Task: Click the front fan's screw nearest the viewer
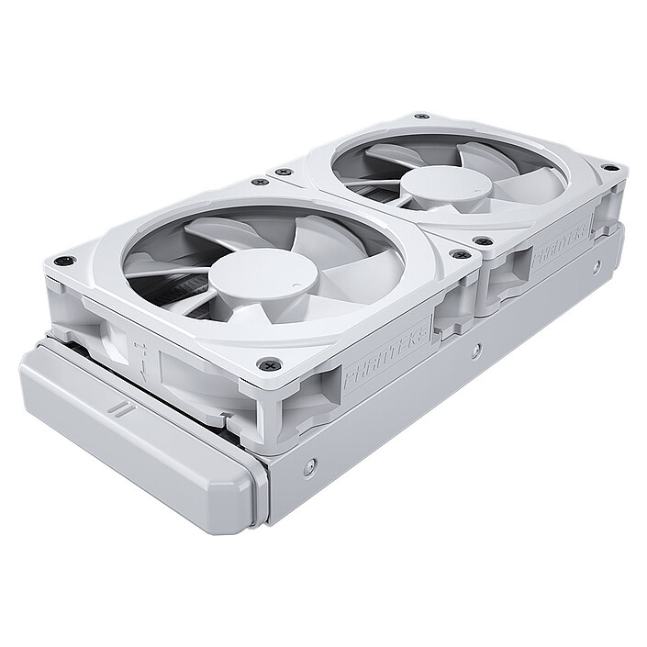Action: point(267,364)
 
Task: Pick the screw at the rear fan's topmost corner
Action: point(420,117)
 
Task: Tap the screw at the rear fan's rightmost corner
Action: point(607,168)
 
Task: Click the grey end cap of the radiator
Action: point(138,431)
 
